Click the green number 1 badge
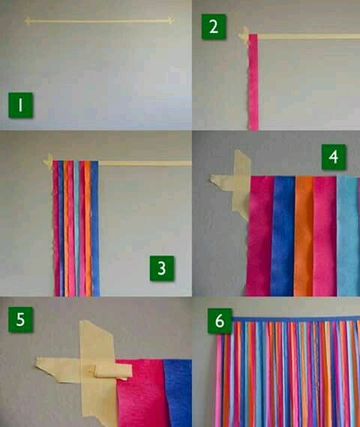coord(21,105)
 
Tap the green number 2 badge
coord(214,27)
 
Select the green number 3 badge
coord(162,268)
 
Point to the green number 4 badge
coord(334,157)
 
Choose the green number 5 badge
coord(21,320)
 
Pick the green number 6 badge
coord(220,320)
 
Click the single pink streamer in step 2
coord(253,82)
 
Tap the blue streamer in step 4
coord(283,236)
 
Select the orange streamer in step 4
coord(304,236)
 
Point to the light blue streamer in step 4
coord(348,236)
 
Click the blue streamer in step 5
coord(178,393)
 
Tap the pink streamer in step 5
coord(142,393)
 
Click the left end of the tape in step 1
coord(25,20)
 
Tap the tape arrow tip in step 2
coord(239,35)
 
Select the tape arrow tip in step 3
coord(43,162)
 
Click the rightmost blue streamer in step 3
coord(95,228)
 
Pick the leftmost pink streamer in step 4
coord(259,236)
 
